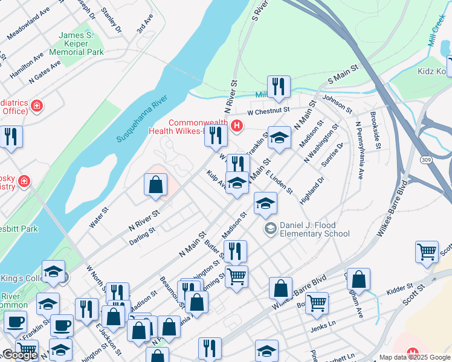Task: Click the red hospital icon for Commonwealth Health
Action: [x=237, y=126]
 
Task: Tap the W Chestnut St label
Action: [x=269, y=111]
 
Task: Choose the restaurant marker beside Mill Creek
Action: [x=279, y=87]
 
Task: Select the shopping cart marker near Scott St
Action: [x=427, y=252]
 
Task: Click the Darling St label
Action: [x=143, y=236]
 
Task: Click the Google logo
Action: [x=19, y=355]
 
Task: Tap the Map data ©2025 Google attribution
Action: [x=414, y=357]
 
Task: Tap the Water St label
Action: [x=98, y=218]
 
